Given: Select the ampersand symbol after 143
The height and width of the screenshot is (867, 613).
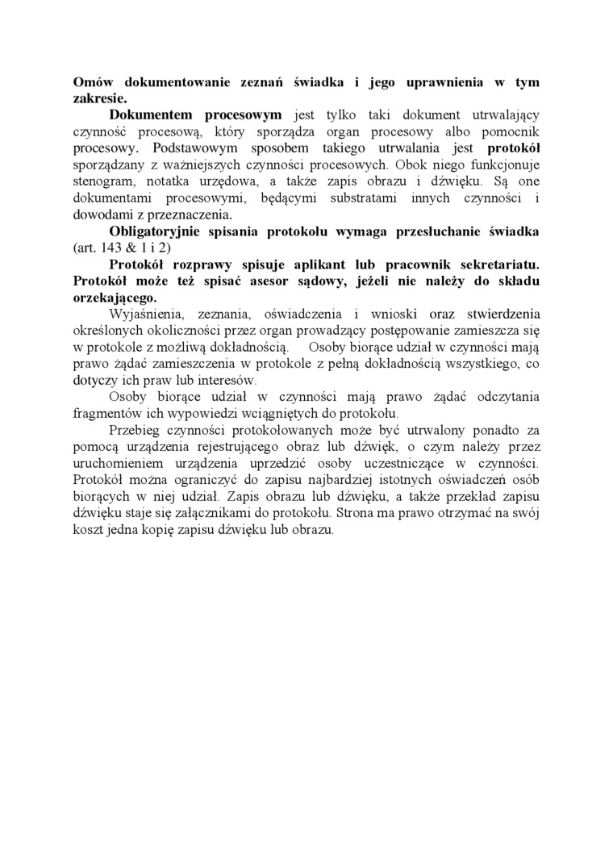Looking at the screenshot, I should (x=131, y=248).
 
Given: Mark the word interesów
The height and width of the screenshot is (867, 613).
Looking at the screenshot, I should (x=230, y=380).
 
